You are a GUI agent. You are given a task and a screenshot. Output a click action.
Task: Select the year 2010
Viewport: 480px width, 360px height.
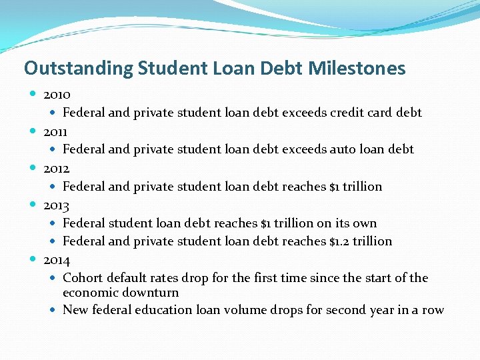[x=57, y=95]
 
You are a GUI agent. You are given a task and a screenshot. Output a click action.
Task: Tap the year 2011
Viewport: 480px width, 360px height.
[x=57, y=131]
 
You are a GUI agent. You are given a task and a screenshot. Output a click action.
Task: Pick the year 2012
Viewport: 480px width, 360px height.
[x=57, y=168]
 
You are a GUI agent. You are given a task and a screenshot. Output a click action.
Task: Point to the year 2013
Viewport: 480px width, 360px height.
[x=57, y=205]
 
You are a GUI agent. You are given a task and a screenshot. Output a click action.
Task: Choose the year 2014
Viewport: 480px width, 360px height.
[x=57, y=259]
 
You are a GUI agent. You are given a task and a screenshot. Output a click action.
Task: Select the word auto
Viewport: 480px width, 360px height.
[x=345, y=149]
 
